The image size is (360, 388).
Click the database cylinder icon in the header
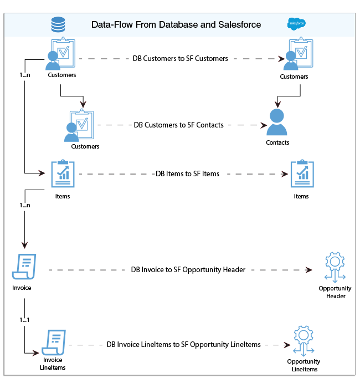coord(58,25)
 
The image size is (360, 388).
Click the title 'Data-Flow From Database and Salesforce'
coord(176,25)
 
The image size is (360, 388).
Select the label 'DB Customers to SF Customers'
coord(180,58)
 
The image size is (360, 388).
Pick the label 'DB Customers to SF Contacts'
coord(179,125)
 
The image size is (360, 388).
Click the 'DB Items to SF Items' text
coord(188,174)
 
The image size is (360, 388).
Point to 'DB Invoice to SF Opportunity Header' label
coord(188,270)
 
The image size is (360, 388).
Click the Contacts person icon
coord(277,122)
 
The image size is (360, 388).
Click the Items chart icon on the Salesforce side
coord(302,173)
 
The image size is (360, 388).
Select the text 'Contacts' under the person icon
coord(277,142)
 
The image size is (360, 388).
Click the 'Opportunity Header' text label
coord(335,292)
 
